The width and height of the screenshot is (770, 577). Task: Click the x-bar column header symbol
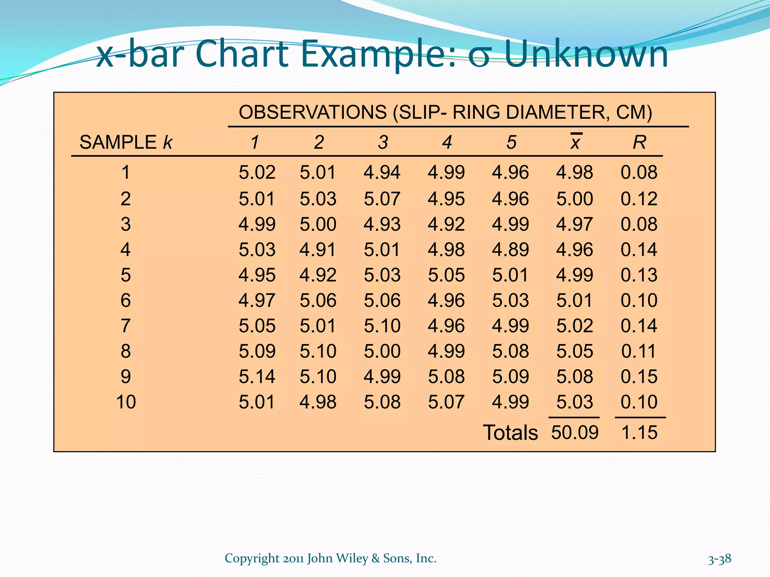click(575, 142)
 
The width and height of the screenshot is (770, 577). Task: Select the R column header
click(639, 142)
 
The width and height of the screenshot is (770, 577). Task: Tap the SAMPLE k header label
click(126, 142)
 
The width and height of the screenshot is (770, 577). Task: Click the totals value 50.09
click(574, 432)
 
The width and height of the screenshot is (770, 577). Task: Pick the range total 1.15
click(639, 432)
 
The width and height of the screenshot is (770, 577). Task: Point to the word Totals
click(510, 433)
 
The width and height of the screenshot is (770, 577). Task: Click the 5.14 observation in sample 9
click(257, 376)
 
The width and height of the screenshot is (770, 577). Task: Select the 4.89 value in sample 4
click(510, 250)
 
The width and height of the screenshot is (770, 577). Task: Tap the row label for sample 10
click(126, 402)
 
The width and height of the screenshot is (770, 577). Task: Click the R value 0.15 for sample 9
click(639, 376)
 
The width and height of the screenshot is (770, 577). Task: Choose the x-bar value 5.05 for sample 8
click(574, 351)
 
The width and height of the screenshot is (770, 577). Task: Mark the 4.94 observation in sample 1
click(382, 172)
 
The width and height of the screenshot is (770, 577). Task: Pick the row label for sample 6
click(126, 301)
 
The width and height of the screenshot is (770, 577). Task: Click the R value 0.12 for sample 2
click(639, 199)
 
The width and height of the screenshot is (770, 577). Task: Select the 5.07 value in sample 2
click(382, 199)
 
